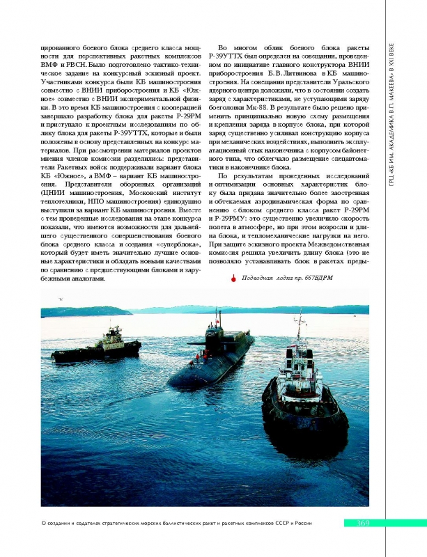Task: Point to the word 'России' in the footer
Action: tap(300, 524)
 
